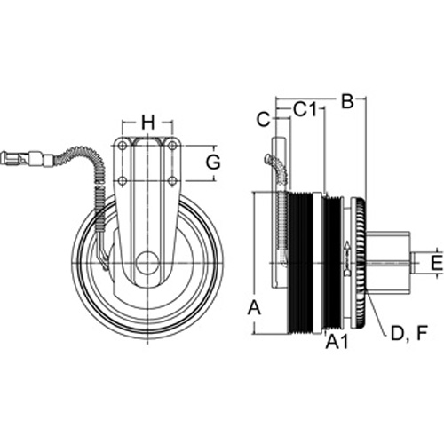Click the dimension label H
point(147,123)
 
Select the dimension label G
point(213,163)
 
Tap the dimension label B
point(347,101)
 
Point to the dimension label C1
point(305,109)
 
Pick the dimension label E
point(437,263)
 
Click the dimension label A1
point(337,342)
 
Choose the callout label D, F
point(409,333)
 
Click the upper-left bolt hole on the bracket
point(122,146)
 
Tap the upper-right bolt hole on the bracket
point(171,146)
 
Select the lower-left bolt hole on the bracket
point(122,180)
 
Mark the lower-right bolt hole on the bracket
point(171,180)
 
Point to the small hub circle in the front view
point(147,263)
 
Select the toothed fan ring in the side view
point(361,263)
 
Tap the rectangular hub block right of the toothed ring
point(388,263)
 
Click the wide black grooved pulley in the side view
point(300,263)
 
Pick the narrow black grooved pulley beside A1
point(333,263)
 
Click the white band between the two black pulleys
point(317,263)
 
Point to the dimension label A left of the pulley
point(254,307)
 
